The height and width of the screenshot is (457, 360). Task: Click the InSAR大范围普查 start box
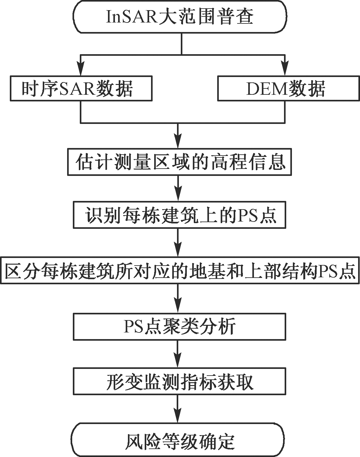coord(180,16)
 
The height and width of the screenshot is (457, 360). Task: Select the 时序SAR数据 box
coord(81,88)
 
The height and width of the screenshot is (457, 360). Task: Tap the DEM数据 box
coord(288,88)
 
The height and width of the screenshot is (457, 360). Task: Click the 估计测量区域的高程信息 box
coord(179,162)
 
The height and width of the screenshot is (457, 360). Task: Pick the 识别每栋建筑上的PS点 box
coord(179,215)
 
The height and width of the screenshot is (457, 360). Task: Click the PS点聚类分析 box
coord(179,327)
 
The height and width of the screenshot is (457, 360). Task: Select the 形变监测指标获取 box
coord(179,381)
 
